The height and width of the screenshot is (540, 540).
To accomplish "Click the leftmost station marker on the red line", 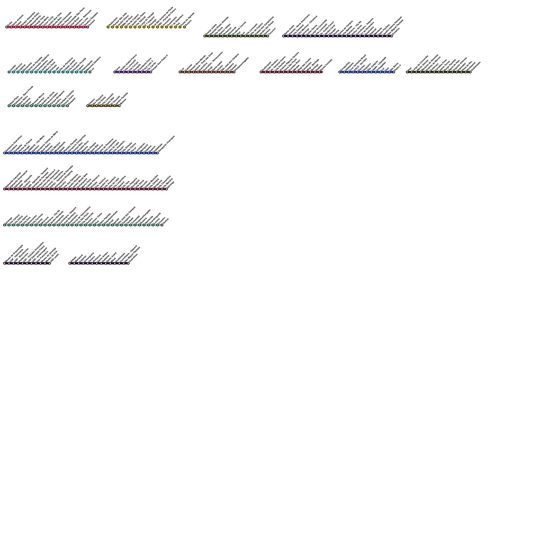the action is click(7, 27).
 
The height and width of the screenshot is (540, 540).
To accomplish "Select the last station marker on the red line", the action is click(88, 27).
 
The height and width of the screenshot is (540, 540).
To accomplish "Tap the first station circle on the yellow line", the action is click(108, 27).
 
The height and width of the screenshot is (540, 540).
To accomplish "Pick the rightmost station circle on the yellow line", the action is click(185, 27).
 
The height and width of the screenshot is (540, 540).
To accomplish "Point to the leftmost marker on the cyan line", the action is click(9, 72).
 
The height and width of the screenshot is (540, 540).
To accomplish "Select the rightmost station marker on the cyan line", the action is click(90, 72).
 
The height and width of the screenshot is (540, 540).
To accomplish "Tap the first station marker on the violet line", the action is click(115, 72).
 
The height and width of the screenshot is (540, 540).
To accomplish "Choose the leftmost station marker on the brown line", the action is click(180, 72).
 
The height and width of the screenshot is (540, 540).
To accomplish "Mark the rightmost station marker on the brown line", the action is click(234, 72).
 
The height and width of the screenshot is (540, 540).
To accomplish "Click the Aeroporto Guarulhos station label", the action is click(13, 143).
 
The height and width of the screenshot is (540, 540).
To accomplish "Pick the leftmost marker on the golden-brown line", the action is click(88, 106).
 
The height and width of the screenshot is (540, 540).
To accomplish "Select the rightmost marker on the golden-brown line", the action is click(119, 106).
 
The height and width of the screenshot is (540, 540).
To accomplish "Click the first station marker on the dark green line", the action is click(205, 36).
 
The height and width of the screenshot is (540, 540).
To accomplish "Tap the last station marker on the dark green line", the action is click(268, 36).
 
